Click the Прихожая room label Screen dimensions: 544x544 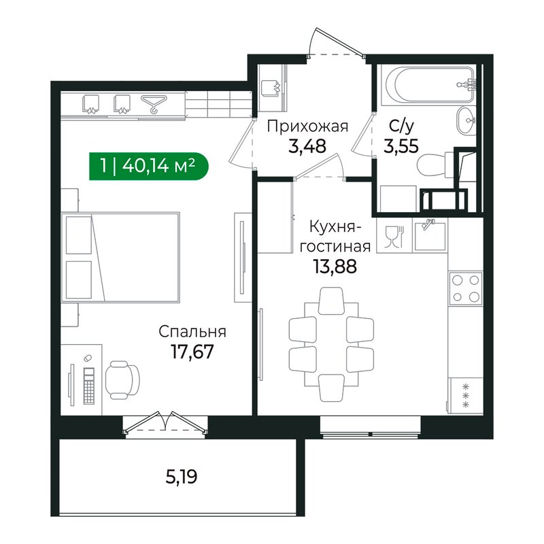tap(307, 126)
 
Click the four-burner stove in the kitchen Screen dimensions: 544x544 tap(465, 287)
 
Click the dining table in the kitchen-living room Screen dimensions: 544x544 tap(331, 338)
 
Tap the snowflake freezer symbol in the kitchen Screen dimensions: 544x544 tap(466, 394)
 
